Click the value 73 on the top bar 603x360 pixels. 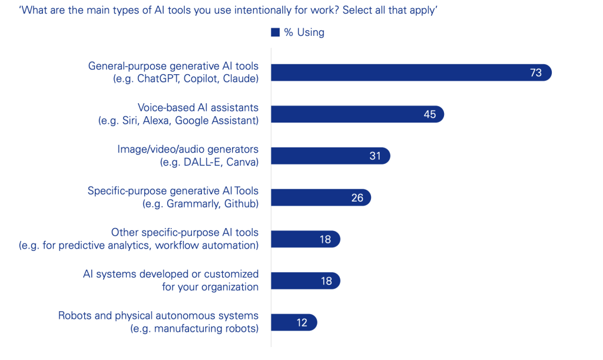click(x=535, y=73)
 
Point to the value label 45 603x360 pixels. click(x=430, y=114)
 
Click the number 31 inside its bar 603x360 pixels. click(x=375, y=156)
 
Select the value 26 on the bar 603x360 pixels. click(x=357, y=198)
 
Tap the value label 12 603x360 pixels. click(x=303, y=322)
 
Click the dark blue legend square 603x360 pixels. click(x=275, y=32)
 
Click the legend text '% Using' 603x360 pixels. click(x=304, y=32)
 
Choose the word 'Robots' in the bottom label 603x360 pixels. click(x=75, y=316)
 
